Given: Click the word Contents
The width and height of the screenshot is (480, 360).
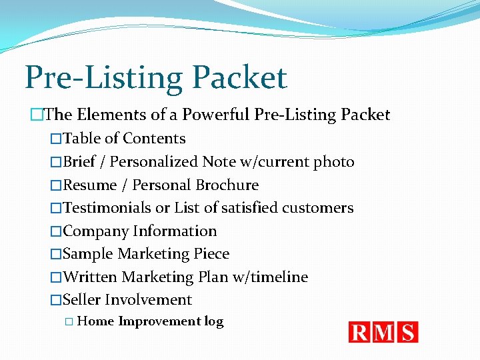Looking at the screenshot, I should click(x=154, y=139).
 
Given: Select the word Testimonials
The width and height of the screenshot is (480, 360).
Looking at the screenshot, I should click(x=107, y=208).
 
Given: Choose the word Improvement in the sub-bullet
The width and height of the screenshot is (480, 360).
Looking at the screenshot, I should click(x=159, y=321).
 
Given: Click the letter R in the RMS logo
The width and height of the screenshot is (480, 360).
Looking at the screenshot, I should click(x=359, y=332).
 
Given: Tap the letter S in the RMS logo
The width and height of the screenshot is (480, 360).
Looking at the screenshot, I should click(x=407, y=332).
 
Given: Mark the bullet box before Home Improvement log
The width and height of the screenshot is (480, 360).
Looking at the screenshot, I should click(x=69, y=322).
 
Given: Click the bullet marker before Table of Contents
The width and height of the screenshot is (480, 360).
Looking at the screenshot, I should click(x=56, y=139).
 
